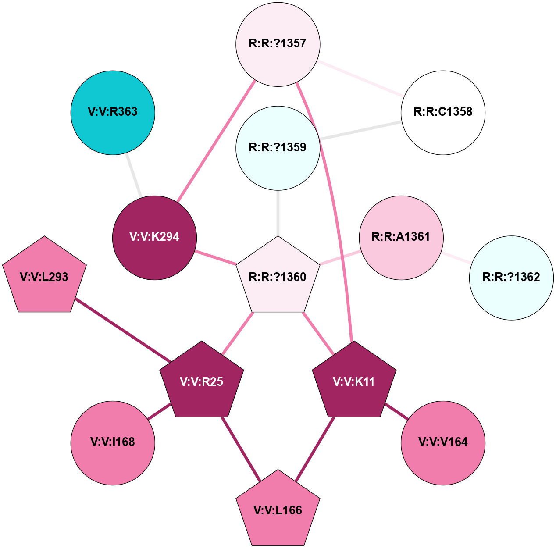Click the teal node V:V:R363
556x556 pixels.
113,113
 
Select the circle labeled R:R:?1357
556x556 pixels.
278,44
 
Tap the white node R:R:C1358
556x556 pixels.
443,113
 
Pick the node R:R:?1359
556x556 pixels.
278,148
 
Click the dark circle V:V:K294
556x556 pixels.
154,238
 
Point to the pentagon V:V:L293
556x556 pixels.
44,277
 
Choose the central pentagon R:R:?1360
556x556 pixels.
278,277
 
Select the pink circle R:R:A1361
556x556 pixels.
401,238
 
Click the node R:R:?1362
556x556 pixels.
511,278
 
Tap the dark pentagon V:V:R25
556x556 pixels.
202,382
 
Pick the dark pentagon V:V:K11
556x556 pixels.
354,382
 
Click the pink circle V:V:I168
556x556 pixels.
113,442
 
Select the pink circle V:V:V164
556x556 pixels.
443,442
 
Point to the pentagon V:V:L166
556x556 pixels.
278,511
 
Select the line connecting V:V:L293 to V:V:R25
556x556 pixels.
123,331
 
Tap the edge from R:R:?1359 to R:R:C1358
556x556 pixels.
360,130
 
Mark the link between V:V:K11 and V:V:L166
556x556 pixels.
315,450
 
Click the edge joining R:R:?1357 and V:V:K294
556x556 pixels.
216,141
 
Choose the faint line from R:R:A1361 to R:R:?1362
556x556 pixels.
456,257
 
